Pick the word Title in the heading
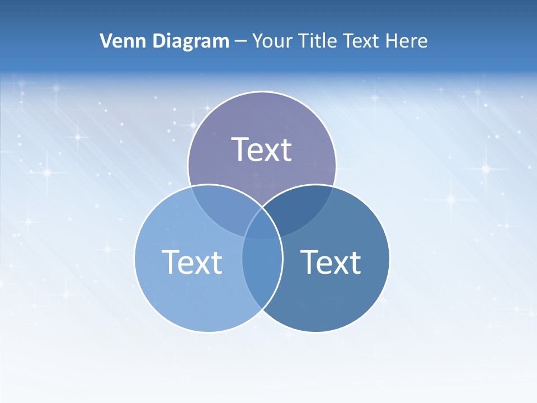[317, 41]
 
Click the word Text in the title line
[364, 41]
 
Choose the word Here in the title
[409, 41]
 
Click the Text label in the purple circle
[262, 149]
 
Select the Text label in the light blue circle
[192, 261]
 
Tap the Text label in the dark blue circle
[331, 261]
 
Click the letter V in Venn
[106, 41]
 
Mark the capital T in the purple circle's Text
[241, 149]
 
